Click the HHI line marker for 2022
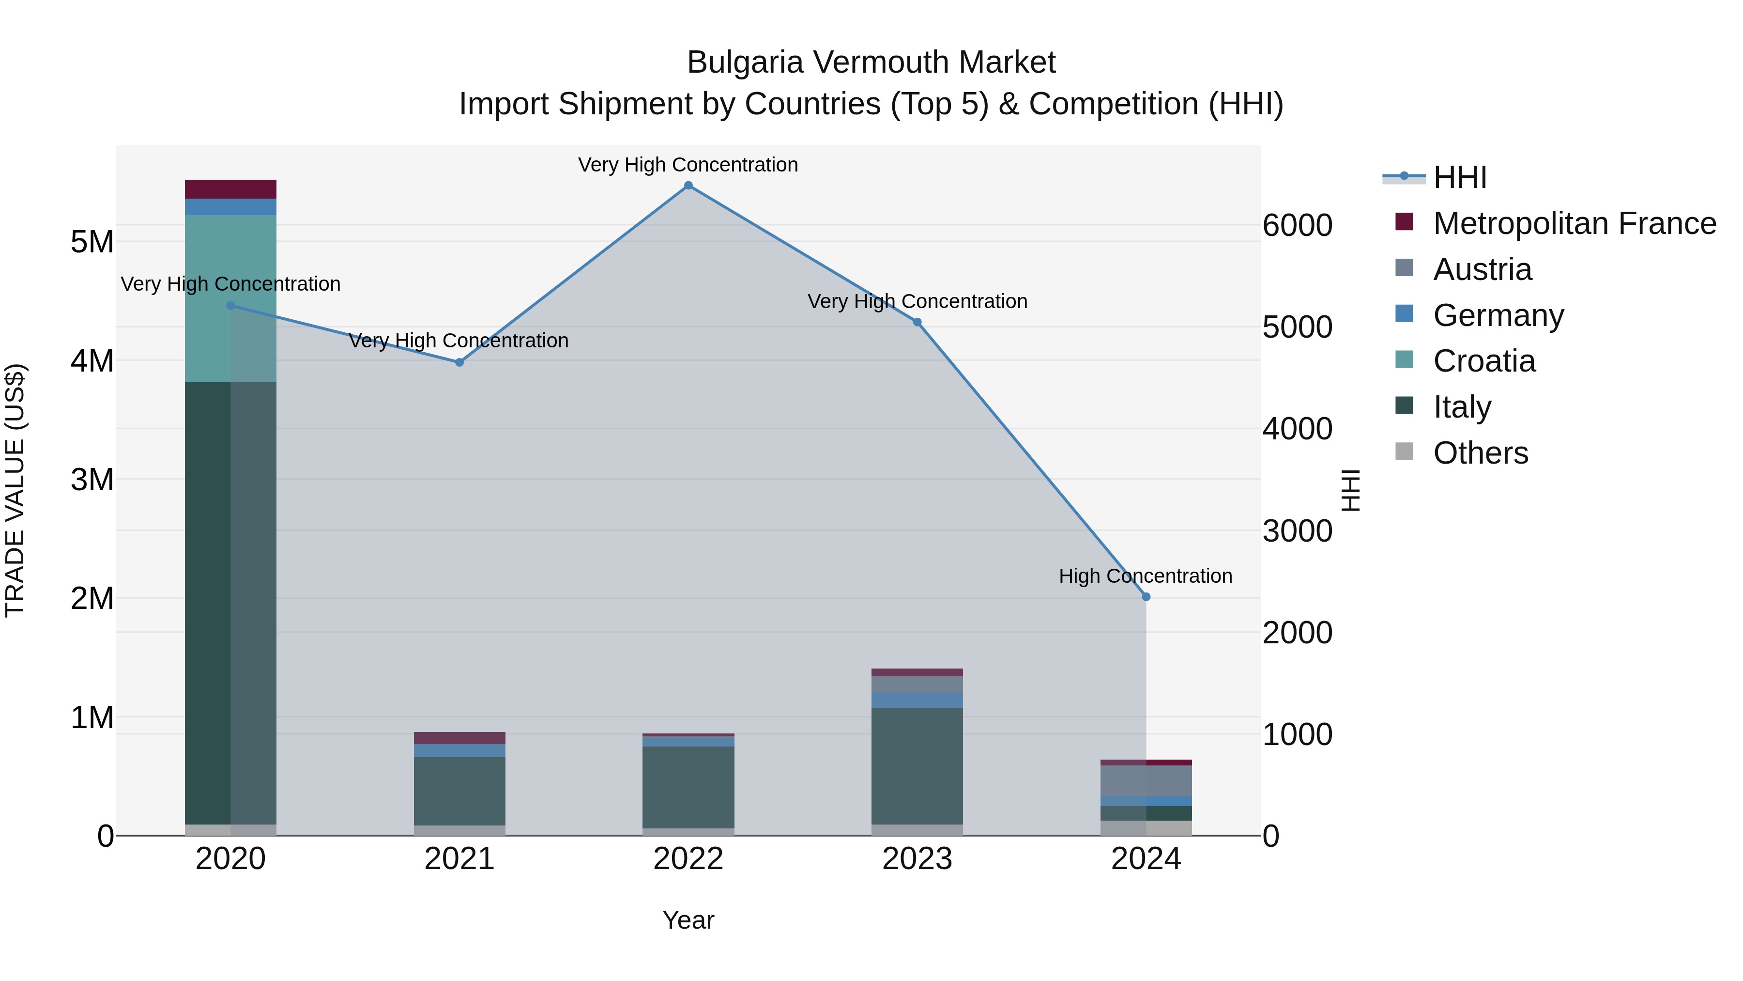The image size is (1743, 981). pyautogui.click(x=688, y=186)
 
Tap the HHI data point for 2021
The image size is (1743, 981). pyautogui.click(x=459, y=362)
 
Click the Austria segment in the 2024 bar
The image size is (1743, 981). pyautogui.click(x=1146, y=780)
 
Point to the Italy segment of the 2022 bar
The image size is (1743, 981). pyautogui.click(x=688, y=787)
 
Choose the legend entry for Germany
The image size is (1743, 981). pyautogui.click(x=1498, y=315)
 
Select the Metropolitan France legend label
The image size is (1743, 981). pyautogui.click(x=1574, y=223)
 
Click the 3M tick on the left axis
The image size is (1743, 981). pyautogui.click(x=92, y=479)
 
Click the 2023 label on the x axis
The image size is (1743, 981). pyautogui.click(x=917, y=859)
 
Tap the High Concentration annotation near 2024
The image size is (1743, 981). pyautogui.click(x=1145, y=576)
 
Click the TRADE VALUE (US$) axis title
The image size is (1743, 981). pyautogui.click(x=15, y=490)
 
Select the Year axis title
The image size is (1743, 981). pyautogui.click(x=688, y=920)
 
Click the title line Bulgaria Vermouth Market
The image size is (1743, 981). pyautogui.click(x=871, y=62)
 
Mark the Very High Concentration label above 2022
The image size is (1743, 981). pyautogui.click(x=688, y=165)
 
